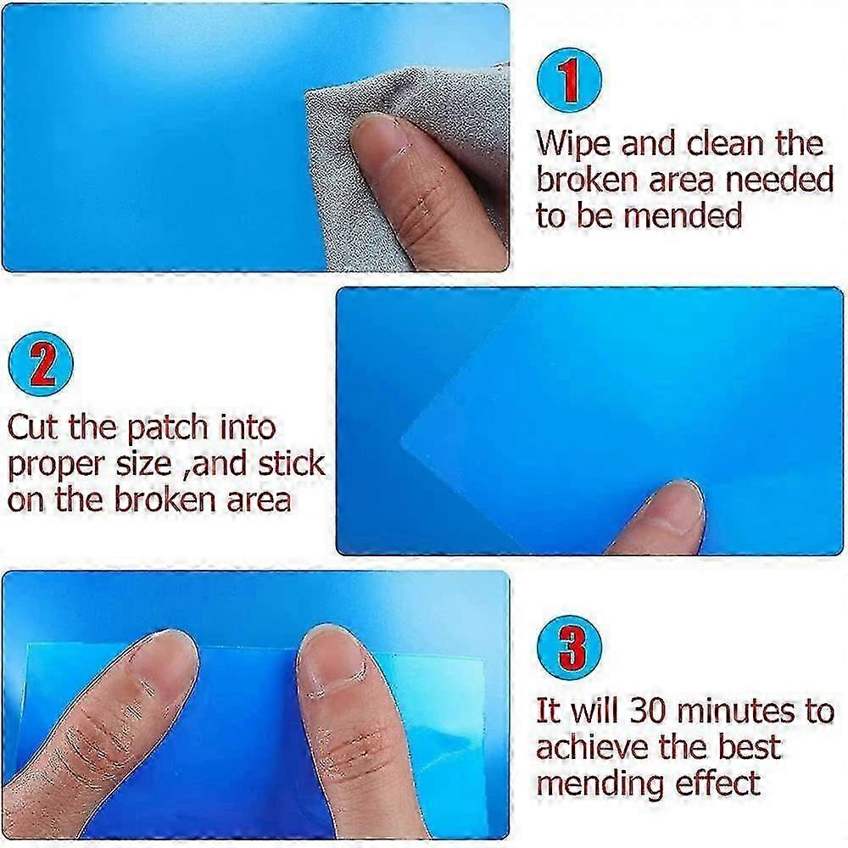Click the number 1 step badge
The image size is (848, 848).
(x=570, y=83)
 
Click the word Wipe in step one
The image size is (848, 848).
(x=572, y=143)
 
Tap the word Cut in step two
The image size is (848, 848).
(x=34, y=427)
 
